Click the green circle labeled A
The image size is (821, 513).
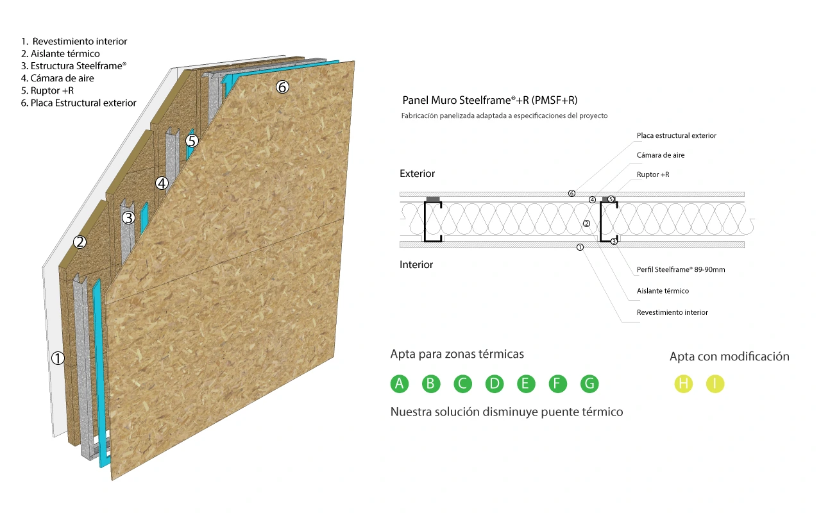[x=400, y=383]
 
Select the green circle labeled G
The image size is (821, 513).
[x=589, y=383]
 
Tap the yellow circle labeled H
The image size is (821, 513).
[x=684, y=383]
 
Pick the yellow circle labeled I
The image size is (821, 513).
[x=715, y=383]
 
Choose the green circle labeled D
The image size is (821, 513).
[x=495, y=383]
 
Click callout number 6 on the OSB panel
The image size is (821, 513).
[x=282, y=87]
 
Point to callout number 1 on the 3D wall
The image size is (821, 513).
[x=58, y=358]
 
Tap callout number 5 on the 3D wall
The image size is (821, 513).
[x=192, y=140]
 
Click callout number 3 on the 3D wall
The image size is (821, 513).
[x=128, y=217]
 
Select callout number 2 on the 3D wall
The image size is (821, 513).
[x=80, y=242]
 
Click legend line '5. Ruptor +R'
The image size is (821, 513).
[x=47, y=90]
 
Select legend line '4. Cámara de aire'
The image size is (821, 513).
[x=58, y=78]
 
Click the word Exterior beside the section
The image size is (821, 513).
[x=417, y=173]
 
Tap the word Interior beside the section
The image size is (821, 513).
[x=416, y=265]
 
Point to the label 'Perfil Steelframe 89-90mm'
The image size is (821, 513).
[x=681, y=270]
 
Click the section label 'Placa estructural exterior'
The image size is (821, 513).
[x=676, y=135]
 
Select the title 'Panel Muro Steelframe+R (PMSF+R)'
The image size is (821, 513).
[x=489, y=100]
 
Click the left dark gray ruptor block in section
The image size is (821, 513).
[x=433, y=199]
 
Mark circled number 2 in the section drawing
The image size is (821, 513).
[x=586, y=224]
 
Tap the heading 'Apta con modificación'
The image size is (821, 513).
[x=729, y=357]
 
